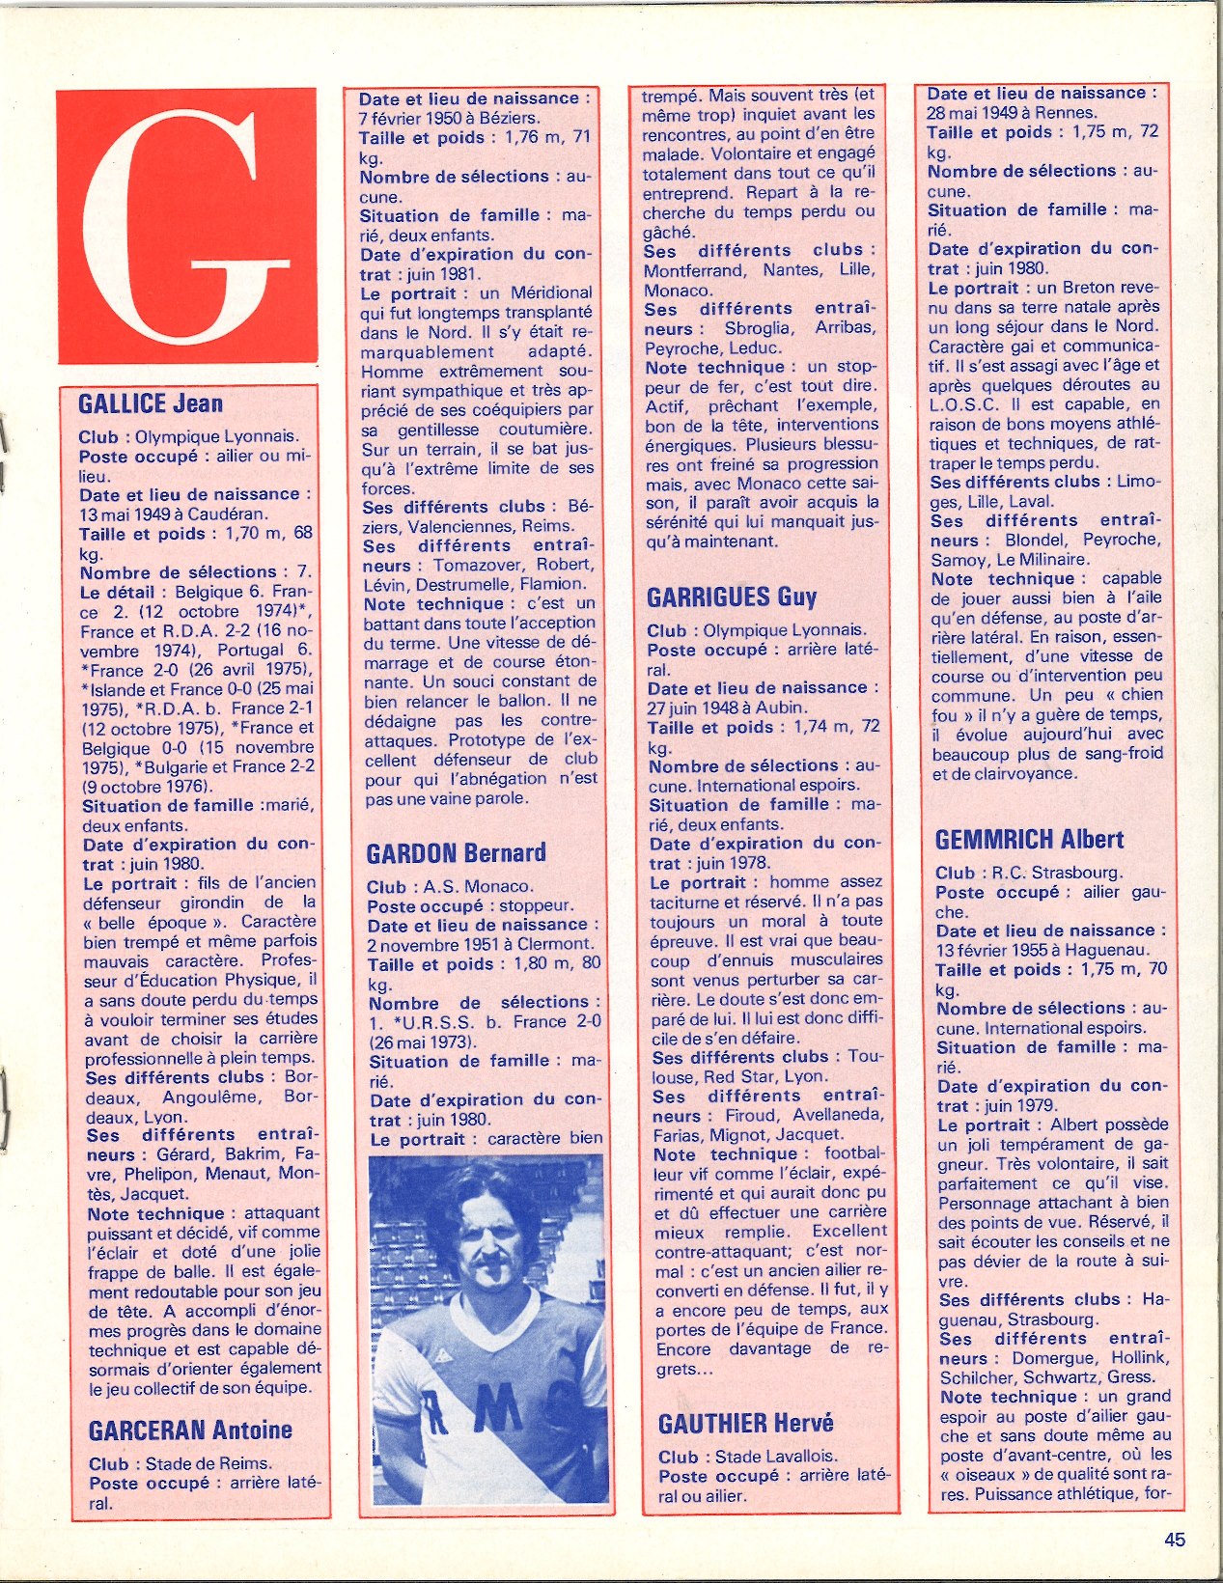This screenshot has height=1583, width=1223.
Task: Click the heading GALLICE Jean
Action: tap(151, 403)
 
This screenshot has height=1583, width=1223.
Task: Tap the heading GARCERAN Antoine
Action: tap(190, 1430)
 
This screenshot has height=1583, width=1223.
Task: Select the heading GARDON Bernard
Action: tap(456, 853)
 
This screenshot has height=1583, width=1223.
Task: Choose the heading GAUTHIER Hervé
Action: tap(745, 1424)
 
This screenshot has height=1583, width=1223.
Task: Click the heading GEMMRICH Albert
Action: tap(1029, 840)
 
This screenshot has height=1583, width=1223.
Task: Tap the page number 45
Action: tap(1174, 1540)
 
